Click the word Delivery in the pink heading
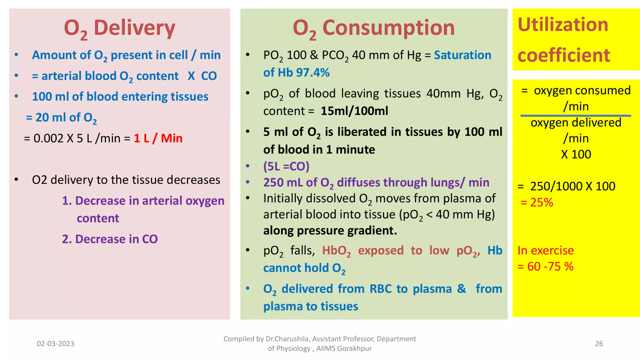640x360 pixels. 134,28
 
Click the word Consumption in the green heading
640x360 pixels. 388,28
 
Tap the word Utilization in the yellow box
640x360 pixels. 563,25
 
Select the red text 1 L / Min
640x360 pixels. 158,138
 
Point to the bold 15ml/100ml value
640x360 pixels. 354,111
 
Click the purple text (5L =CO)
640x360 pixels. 286,166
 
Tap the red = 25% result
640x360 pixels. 537,202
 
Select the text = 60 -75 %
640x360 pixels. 545,266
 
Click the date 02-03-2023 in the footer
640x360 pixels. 55,343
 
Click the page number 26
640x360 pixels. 599,343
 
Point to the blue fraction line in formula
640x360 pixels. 576,116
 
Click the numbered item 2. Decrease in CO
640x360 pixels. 110,239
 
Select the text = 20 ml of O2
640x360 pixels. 61,117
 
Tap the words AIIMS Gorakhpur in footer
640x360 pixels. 344,348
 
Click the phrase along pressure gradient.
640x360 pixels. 330,231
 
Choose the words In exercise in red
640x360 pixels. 545,250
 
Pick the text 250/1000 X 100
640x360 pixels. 572,186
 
